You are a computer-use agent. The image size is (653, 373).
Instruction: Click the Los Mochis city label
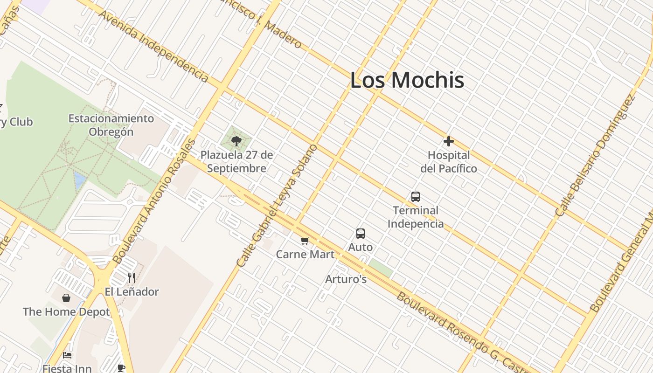point(407,80)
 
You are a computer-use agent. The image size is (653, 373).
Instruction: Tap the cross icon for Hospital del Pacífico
point(449,141)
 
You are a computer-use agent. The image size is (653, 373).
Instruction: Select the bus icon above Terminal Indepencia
point(416,197)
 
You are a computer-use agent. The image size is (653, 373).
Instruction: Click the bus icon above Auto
point(361,233)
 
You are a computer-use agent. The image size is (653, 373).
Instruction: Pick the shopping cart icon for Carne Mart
point(305,241)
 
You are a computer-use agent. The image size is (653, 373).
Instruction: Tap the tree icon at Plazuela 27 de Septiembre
point(236,141)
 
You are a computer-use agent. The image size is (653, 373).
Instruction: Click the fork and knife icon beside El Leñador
point(132,278)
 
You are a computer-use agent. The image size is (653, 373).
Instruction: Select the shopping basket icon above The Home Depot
point(66,298)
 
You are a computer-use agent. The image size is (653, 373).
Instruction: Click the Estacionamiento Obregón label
point(111,125)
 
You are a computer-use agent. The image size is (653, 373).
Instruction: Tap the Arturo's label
point(346,279)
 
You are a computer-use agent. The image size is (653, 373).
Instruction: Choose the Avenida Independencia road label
point(153,46)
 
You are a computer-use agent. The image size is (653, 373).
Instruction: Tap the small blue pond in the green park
point(80,180)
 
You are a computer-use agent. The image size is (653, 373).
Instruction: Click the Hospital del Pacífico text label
point(449,161)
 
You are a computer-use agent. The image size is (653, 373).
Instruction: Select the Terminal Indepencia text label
point(416,217)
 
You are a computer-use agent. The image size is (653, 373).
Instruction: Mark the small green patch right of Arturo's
point(380,269)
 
